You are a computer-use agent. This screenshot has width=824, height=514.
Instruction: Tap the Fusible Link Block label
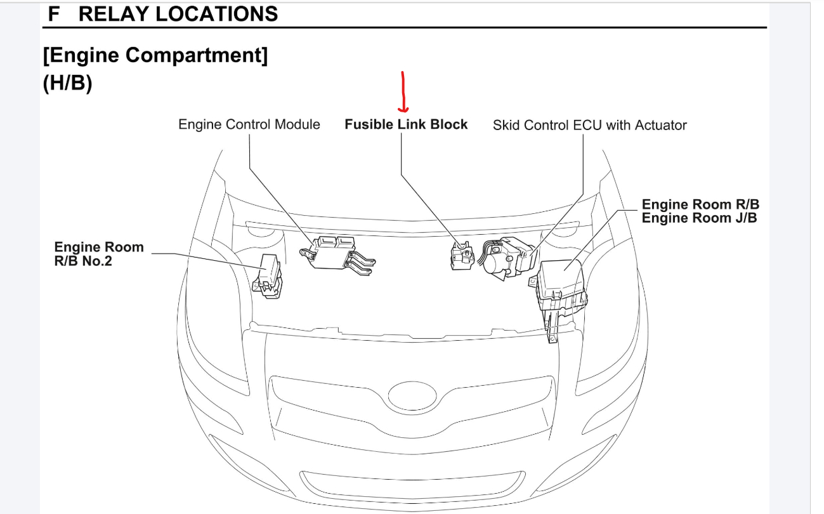406,124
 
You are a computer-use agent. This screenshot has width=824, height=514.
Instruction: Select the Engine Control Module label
249,124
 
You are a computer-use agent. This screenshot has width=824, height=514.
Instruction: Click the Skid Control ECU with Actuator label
589,125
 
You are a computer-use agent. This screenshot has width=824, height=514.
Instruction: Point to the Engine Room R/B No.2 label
99,253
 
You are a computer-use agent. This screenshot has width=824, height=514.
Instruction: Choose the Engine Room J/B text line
699,218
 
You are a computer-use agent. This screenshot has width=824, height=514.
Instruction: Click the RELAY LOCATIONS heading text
178,14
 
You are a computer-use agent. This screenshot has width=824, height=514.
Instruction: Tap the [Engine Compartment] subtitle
155,55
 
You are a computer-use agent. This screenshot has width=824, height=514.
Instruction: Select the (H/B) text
68,84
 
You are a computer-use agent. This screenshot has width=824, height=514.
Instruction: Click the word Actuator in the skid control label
662,125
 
